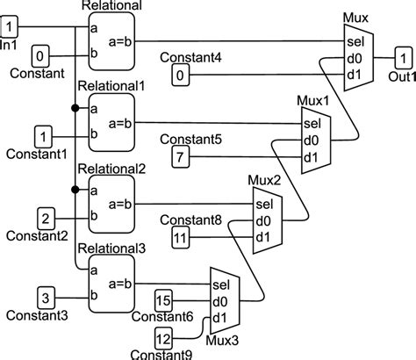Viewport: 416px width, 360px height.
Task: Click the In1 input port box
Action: point(9,26)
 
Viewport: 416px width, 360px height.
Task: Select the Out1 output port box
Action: point(404,58)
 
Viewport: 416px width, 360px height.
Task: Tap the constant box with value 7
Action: point(180,156)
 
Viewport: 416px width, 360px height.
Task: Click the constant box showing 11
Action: point(180,237)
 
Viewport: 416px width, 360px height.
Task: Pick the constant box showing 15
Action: point(163,300)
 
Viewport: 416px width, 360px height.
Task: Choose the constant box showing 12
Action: point(163,339)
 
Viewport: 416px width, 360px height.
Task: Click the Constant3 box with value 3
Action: point(46,298)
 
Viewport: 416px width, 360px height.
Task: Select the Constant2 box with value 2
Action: point(46,219)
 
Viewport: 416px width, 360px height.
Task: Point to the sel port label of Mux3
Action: point(221,284)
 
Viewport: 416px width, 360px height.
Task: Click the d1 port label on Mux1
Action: point(311,158)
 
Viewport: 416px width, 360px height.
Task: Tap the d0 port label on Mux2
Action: point(263,221)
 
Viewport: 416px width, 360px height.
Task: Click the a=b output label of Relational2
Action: point(120,204)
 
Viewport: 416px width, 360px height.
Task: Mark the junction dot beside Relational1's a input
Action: point(75,108)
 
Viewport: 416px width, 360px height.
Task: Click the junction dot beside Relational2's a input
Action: point(75,190)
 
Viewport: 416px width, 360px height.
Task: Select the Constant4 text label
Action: point(190,58)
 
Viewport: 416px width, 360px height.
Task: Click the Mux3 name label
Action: point(222,341)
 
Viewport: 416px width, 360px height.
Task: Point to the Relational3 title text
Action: point(111,248)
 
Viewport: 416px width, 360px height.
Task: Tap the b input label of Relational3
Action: point(94,295)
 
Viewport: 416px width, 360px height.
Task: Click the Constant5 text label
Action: point(190,140)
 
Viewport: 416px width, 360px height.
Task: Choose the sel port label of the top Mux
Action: point(355,42)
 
